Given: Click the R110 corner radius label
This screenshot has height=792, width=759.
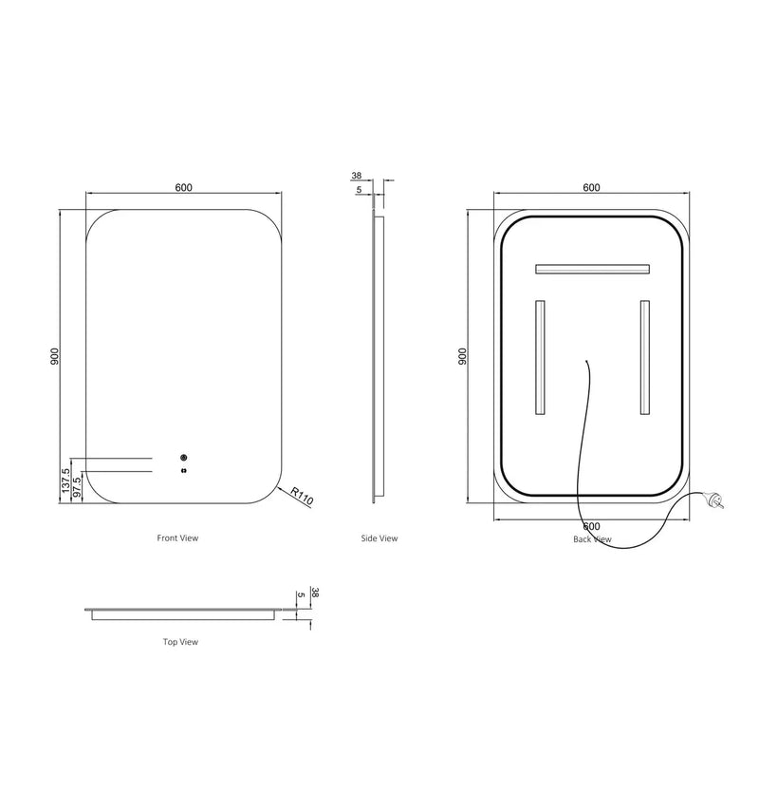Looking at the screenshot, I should click(301, 498).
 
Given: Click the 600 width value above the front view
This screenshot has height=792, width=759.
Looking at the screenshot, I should click(184, 187).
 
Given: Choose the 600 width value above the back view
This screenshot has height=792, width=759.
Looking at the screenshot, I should click(591, 187).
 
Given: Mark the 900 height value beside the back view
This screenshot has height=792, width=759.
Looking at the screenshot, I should click(462, 356).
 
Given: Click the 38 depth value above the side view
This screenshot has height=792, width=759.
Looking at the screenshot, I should click(357, 176).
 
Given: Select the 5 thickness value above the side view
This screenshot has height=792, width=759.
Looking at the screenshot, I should click(358, 190).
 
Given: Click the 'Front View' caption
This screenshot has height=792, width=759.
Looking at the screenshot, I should click(177, 538).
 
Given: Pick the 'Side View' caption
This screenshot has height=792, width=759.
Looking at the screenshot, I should click(379, 538).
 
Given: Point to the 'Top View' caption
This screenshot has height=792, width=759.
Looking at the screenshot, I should click(179, 642).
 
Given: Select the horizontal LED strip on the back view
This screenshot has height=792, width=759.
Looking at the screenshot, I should click(592, 269).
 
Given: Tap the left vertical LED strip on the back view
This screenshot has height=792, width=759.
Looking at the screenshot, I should click(540, 358).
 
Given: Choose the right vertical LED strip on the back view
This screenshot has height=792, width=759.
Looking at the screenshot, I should click(644, 358).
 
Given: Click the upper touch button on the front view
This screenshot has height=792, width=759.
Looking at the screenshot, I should click(183, 457).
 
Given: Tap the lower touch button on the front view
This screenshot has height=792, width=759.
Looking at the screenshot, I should click(183, 468).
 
